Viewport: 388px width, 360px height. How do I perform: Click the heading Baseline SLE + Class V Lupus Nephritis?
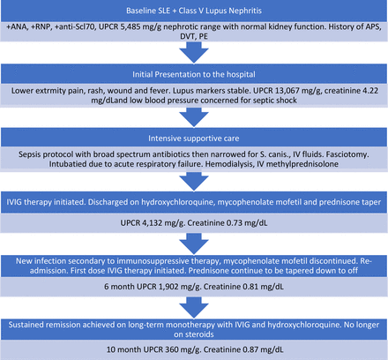[x=194, y=11]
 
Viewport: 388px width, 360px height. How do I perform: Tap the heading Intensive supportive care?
[x=194, y=139]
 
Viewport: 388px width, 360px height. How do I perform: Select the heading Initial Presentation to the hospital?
[x=194, y=74]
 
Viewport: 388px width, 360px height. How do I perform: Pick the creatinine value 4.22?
[x=369, y=91]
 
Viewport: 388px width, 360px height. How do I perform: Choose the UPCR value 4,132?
[x=153, y=223]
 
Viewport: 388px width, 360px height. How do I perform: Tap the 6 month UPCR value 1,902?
[x=168, y=287]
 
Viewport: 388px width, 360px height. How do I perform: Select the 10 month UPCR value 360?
[x=172, y=349]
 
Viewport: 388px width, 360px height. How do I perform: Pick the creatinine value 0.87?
[x=251, y=349]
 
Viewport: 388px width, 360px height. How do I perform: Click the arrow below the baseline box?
[x=194, y=52]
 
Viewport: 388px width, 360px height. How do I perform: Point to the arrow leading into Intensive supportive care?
[x=194, y=117]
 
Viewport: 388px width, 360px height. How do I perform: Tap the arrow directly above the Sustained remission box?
[x=194, y=308]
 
